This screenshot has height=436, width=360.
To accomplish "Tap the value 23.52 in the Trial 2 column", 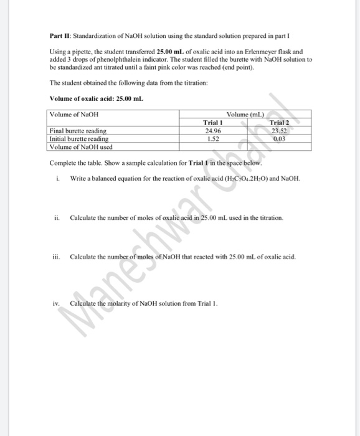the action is (x=281, y=131).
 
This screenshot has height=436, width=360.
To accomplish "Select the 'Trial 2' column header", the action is (x=281, y=123).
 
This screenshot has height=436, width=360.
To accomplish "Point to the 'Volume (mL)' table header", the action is (x=246, y=115).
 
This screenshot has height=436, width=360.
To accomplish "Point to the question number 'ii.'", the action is (x=57, y=218).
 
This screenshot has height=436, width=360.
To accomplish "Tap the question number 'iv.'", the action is (x=57, y=303).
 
